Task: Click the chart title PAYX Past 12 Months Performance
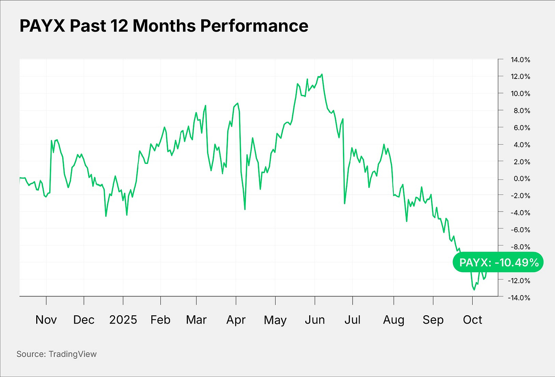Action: click(164, 26)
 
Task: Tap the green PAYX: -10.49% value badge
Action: click(498, 262)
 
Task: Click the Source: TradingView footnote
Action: click(56, 354)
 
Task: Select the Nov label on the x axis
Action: click(46, 319)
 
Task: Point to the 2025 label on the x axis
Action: click(123, 319)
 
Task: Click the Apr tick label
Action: click(236, 319)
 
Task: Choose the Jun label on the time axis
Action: click(314, 319)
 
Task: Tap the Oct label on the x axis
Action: click(472, 319)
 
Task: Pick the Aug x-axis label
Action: click(393, 319)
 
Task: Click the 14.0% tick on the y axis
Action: click(520, 60)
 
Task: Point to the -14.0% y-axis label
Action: click(519, 298)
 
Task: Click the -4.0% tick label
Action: click(519, 213)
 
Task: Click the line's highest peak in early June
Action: click(322, 74)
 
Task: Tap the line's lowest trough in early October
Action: click(474, 290)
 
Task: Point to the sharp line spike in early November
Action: click(51, 141)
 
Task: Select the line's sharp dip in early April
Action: click(245, 209)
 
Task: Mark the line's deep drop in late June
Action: click(345, 203)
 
